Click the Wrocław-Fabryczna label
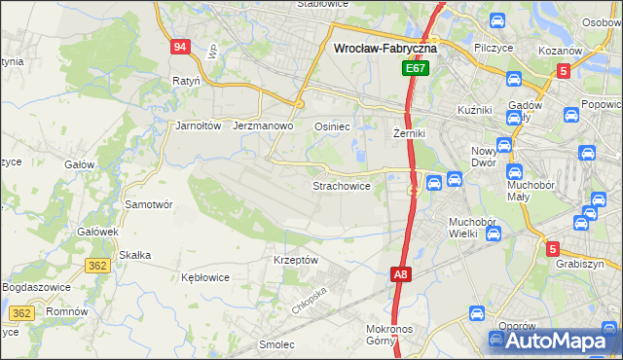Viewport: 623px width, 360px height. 385,47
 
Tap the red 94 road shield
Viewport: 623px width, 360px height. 180,48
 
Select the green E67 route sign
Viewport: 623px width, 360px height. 417,69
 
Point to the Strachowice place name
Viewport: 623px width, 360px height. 341,185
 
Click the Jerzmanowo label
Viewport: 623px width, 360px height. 263,126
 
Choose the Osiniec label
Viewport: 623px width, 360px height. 332,126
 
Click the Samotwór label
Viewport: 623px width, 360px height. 149,205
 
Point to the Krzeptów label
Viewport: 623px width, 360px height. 296,261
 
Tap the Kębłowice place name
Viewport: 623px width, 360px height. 205,277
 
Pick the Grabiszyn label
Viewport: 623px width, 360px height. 580,264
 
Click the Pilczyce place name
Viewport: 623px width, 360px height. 494,47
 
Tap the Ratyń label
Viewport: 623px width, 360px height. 185,81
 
